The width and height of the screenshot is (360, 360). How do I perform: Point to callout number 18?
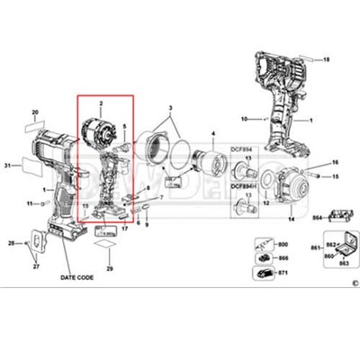click(328, 59)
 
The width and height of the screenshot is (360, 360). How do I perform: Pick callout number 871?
click(283, 270)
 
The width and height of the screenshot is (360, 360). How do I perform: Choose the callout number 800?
click(283, 244)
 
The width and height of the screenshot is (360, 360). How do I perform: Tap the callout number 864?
click(318, 217)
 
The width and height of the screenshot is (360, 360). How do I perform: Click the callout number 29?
click(109, 268)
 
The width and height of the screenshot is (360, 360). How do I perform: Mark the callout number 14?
click(243, 119)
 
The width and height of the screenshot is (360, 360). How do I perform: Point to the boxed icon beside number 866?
click(263, 256)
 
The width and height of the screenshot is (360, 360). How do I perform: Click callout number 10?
click(243, 119)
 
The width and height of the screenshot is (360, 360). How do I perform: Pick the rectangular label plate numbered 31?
click(31, 166)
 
